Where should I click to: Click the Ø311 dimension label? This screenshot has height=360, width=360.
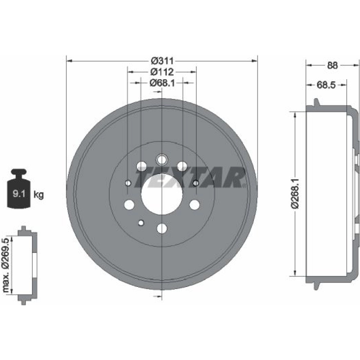point(162,61)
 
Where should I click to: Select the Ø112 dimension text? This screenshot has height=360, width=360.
point(162,72)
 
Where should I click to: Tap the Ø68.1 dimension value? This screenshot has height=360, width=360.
point(162,83)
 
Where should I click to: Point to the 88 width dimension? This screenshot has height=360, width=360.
point(332,66)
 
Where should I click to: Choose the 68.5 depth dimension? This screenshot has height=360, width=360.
point(326,85)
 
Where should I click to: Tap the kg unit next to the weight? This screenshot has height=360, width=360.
point(39,195)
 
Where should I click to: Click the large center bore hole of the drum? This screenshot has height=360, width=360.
point(162,194)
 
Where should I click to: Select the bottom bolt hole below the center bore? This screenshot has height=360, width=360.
point(162,229)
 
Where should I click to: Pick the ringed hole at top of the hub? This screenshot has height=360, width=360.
point(162,159)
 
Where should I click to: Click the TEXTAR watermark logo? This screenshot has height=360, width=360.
point(191,177)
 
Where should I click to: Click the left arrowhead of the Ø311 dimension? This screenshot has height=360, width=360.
point(69,61)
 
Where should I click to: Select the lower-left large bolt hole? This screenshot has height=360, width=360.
point(129,204)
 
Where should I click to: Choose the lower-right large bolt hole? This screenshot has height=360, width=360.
point(194,204)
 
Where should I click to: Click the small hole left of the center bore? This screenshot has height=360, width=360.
point(128,183)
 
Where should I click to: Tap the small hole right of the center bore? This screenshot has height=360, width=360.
point(195,183)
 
